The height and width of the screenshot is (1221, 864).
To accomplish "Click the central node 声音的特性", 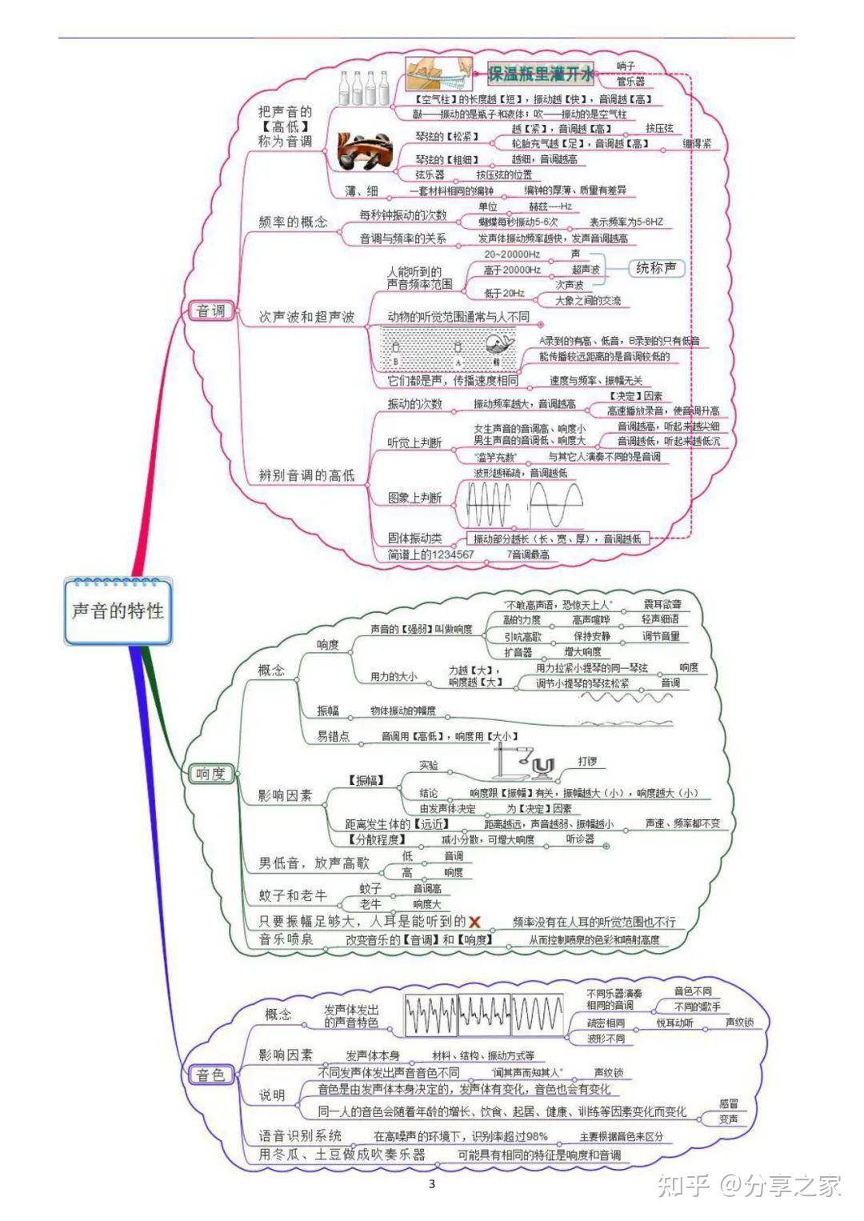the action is point(118,611).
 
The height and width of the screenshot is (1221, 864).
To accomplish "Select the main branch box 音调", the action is point(211,310).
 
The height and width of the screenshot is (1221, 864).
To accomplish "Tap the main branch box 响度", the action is point(211,774).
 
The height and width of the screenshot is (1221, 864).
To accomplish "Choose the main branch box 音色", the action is point(211,1075).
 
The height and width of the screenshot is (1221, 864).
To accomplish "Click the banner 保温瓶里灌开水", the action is point(542,75).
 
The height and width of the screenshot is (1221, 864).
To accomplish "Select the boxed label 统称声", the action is point(656,269).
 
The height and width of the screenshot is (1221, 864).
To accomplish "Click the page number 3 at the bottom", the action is point(432,1184).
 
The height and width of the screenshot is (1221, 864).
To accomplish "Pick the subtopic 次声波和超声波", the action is point(306,317).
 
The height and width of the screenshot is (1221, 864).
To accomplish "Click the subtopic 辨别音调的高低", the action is point(306,475).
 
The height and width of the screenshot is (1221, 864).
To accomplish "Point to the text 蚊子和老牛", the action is point(293,895).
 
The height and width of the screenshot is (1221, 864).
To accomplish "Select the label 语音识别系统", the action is point(300,1135).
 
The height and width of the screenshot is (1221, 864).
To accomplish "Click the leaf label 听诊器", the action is point(580,839).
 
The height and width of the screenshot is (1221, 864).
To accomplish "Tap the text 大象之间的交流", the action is point(588,301).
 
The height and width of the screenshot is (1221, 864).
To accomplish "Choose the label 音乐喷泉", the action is point(286,939).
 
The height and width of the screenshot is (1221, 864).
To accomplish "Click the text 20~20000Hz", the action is point(512,254).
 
